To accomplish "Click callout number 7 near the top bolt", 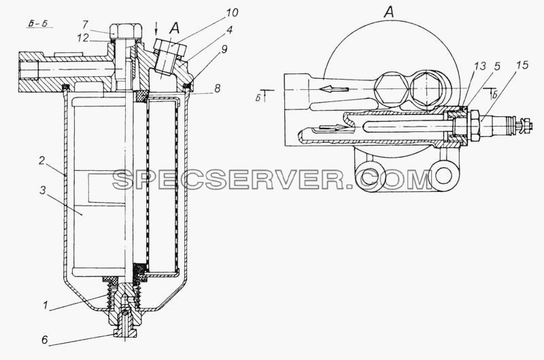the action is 86,24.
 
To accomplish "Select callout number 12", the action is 83,37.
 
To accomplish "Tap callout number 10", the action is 232,13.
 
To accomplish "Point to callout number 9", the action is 224,49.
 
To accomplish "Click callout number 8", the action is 217,88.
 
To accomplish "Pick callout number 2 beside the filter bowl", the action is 41,161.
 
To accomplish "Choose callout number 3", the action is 42,190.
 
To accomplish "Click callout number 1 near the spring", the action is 46,306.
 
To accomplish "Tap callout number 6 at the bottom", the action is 44,340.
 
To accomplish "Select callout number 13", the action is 480,66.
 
